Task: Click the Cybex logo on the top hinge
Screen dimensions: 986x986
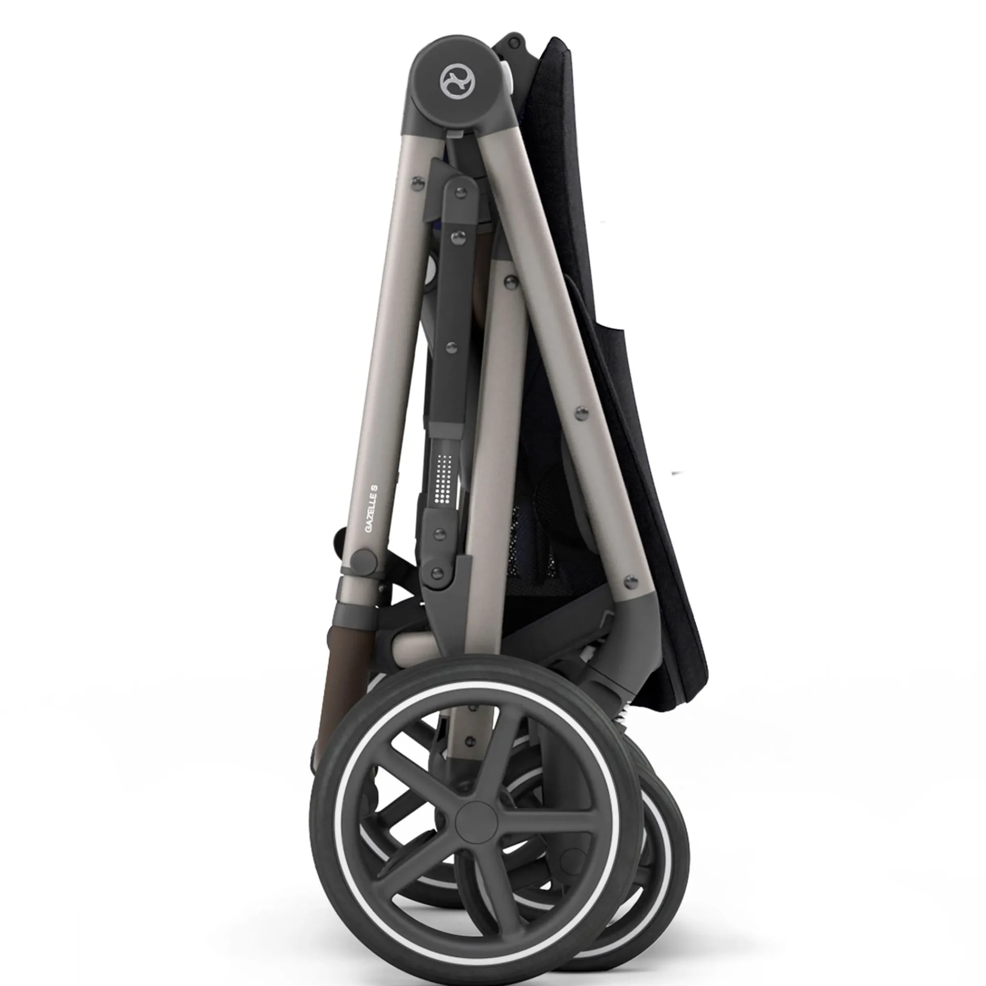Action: tap(457, 80)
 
